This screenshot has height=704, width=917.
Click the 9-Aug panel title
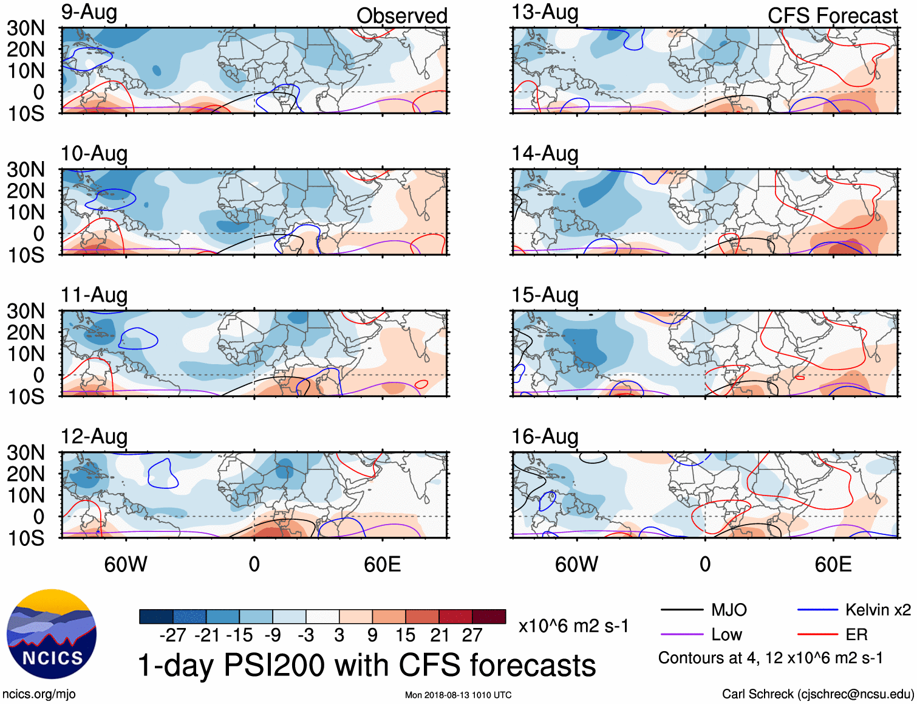tap(89, 13)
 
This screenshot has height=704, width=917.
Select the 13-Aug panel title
tap(545, 13)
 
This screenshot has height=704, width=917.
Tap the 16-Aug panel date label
tap(545, 437)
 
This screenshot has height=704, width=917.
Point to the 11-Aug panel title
tap(94, 295)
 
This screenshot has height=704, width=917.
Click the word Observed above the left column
tap(401, 16)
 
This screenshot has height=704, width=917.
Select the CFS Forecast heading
tap(832, 16)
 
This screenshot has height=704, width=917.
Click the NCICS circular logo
tap(52, 634)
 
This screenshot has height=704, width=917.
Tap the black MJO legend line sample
tap(681, 610)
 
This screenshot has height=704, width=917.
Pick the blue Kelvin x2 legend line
tap(817, 610)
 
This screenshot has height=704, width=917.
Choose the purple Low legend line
tap(681, 635)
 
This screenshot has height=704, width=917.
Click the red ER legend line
tap(817, 635)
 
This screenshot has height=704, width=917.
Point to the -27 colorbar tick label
tap(172, 635)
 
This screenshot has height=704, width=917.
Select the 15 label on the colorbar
tap(405, 635)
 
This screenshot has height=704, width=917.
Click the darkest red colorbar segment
tap(489, 616)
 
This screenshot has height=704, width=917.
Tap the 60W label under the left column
tap(126, 564)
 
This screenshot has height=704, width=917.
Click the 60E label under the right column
tap(833, 564)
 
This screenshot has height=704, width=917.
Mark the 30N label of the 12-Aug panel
tap(26, 453)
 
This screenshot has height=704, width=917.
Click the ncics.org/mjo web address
tap(39, 694)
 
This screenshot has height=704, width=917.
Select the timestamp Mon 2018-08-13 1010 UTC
tap(458, 695)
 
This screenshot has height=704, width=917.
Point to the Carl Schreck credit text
tap(817, 694)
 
